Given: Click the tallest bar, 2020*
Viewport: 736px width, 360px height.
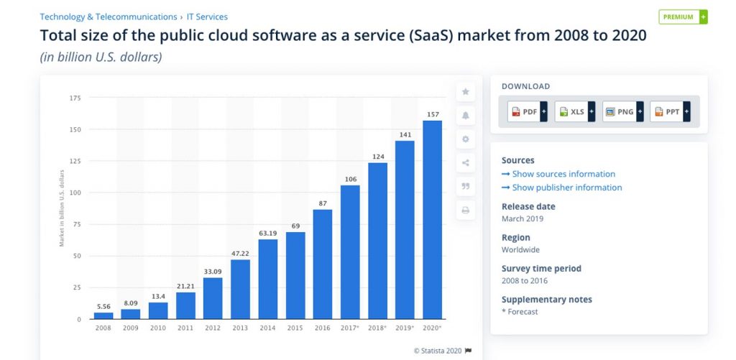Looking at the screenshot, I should [x=432, y=219].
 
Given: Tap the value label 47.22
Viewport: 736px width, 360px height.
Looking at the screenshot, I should [x=240, y=254].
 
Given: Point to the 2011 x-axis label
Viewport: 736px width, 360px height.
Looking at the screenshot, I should [x=185, y=328].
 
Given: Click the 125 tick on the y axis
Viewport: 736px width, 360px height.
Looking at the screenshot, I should [x=75, y=161].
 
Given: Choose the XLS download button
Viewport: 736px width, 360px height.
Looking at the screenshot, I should [x=574, y=112].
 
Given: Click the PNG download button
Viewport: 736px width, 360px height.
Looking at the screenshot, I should [x=622, y=112].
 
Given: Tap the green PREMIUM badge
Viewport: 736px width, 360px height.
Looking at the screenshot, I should [x=682, y=17].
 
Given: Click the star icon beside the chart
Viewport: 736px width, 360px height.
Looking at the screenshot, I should [x=465, y=91].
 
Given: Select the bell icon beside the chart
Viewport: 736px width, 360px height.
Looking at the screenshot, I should [x=465, y=115].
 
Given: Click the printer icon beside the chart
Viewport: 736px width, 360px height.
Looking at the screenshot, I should [x=465, y=211].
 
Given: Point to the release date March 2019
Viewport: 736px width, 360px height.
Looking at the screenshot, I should [x=523, y=218].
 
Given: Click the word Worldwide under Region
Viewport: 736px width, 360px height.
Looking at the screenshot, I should [x=521, y=250].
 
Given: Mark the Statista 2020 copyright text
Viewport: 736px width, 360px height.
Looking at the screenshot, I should [x=438, y=351].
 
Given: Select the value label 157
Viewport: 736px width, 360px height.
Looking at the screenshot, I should [x=432, y=114].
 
